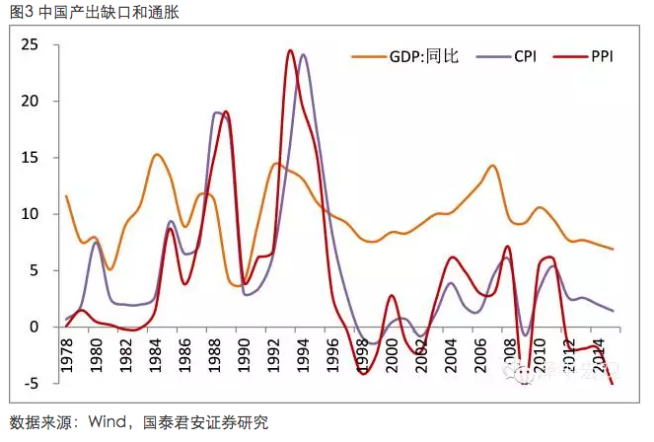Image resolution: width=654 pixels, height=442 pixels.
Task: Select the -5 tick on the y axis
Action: point(31,383)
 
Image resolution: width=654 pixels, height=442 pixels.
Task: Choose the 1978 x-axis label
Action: point(67,358)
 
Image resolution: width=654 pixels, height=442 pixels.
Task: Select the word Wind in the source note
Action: point(109,423)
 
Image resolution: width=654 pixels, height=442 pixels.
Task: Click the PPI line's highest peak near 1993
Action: point(290,50)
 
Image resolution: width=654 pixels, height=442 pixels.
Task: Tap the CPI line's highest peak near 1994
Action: point(303,54)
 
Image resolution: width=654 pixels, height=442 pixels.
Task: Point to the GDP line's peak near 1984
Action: point(157,154)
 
